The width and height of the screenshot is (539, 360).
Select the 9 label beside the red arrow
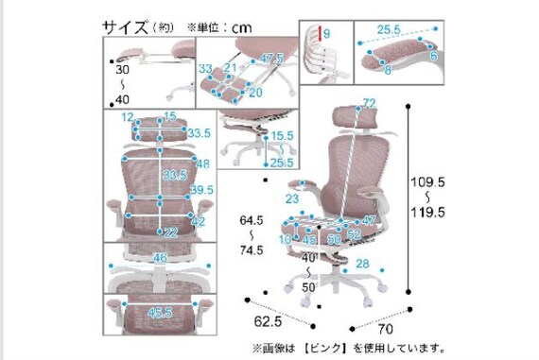326,35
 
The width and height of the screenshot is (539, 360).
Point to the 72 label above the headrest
368,103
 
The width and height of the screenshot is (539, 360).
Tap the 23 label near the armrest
293,199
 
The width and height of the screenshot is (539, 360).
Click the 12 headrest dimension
127,117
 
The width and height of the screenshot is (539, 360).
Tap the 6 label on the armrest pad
433,58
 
